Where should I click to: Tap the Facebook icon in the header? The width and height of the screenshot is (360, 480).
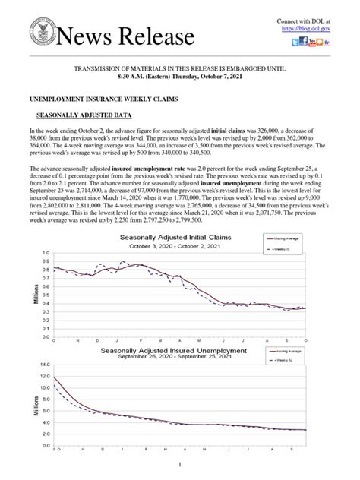(293, 41)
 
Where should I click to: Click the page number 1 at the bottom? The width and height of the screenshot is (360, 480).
(179, 464)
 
